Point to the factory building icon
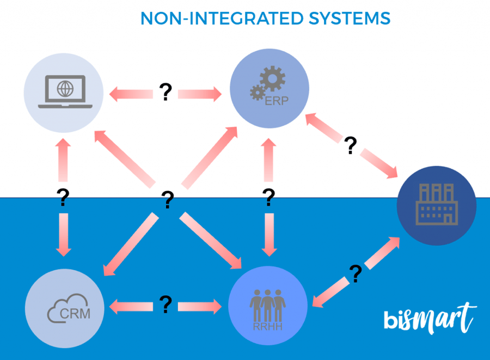pos(437,204)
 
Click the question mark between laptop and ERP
pos(166,93)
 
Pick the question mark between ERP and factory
pos(351,145)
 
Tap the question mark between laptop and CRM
pos(63,198)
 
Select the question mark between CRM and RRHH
pos(166,305)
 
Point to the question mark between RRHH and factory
pos(356,273)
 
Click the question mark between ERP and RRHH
pos(268,198)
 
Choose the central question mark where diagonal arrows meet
pos(168,200)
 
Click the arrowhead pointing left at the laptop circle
pos(114,94)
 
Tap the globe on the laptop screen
pos(66,88)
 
